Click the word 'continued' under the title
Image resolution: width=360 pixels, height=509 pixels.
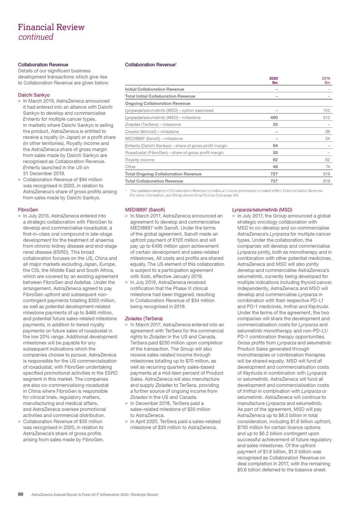click(35, 37)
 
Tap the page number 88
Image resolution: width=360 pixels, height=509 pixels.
click(20, 494)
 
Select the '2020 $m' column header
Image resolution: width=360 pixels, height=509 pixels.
click(274, 80)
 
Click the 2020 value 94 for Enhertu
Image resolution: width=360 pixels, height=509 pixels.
click(275, 145)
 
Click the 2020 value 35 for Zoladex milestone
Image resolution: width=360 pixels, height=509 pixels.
click(275, 124)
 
